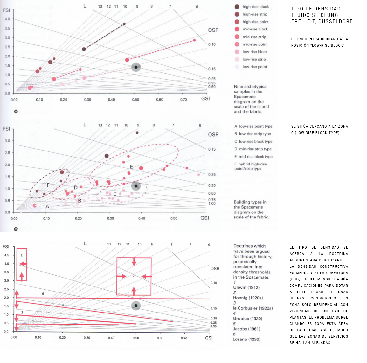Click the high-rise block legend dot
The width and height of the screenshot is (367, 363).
(x=237, y=7)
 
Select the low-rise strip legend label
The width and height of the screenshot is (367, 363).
(x=254, y=59)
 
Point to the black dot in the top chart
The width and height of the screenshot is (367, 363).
(x=136, y=67)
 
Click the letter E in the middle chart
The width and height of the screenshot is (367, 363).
(x=131, y=167)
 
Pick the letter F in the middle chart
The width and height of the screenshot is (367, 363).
(x=48, y=185)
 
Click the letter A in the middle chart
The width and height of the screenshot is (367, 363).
(x=47, y=207)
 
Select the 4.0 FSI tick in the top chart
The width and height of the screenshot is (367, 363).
(x=8, y=19)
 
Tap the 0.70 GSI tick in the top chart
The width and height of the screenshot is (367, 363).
(x=183, y=100)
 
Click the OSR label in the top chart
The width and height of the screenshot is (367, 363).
(x=213, y=30)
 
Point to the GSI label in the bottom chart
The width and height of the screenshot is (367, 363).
(x=209, y=338)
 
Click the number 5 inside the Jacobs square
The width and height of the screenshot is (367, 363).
(x=134, y=275)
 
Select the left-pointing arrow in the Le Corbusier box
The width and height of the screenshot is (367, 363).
(x=23, y=264)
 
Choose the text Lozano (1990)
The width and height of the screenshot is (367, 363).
(x=246, y=339)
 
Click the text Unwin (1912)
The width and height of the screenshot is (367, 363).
(x=246, y=287)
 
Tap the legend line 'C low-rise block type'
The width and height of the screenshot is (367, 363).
(x=253, y=141)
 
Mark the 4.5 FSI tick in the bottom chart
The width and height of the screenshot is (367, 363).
(x=7, y=255)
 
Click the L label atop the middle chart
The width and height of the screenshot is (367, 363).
(x=85, y=125)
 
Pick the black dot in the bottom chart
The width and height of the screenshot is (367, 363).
(x=136, y=306)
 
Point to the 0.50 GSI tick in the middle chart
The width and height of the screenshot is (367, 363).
(x=174, y=218)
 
